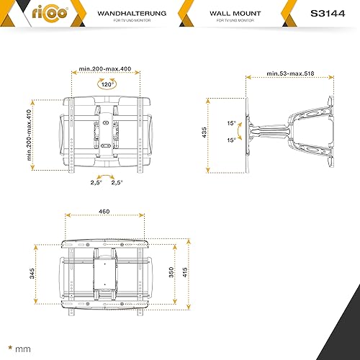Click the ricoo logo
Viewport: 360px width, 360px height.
coord(50,13)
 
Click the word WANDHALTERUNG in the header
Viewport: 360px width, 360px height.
coord(132,14)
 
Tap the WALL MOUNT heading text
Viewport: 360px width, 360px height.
coord(235,14)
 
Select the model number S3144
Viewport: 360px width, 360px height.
coord(328,14)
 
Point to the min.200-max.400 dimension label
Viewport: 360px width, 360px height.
coord(105,69)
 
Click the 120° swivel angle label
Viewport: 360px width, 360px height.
coord(107,84)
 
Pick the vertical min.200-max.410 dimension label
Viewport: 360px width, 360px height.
coord(29,135)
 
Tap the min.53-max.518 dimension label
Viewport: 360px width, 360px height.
coord(290,73)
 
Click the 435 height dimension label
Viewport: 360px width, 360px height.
coord(204,132)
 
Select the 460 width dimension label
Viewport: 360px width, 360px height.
coord(104,212)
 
